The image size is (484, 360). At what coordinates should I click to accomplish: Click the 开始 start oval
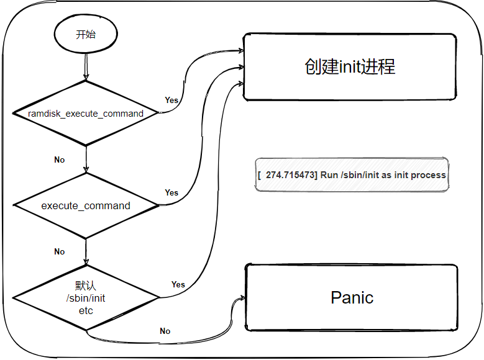tap(86, 34)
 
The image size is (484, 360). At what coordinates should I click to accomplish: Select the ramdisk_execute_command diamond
tap(86, 113)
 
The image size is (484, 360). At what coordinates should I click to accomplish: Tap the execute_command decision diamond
tap(86, 205)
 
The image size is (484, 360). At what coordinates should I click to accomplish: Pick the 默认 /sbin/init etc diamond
tap(86, 298)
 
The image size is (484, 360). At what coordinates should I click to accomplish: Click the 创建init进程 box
tap(350, 66)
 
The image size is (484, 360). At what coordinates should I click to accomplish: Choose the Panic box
tap(352, 298)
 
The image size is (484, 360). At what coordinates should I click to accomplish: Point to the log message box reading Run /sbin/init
tap(352, 175)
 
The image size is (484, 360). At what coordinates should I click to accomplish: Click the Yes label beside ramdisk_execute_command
tap(171, 101)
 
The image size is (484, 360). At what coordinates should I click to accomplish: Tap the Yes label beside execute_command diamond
tap(171, 193)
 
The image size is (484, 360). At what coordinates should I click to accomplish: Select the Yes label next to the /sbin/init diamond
tap(178, 284)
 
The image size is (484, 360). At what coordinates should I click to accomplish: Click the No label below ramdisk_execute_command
tap(59, 160)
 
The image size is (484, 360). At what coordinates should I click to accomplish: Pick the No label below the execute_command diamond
tap(59, 252)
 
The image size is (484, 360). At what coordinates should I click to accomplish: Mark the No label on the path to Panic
tap(165, 331)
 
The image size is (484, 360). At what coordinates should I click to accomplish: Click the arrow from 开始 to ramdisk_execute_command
tap(86, 66)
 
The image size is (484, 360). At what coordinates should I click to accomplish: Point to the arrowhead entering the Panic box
tap(242, 298)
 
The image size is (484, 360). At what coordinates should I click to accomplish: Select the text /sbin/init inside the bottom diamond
tap(86, 298)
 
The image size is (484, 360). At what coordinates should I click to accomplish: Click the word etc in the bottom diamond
tap(86, 310)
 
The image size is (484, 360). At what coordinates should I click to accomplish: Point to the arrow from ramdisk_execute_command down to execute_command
tap(86, 159)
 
